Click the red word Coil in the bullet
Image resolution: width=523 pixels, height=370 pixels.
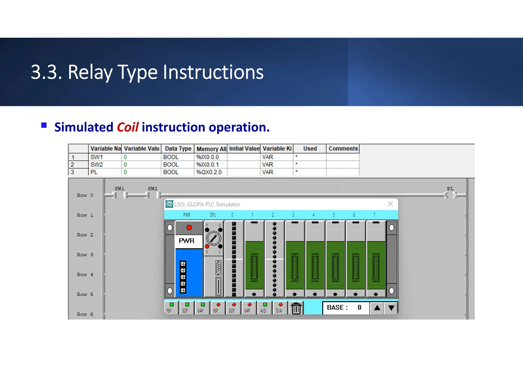pyautogui.click(x=127, y=127)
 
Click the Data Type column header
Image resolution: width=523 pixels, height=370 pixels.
pyautogui.click(x=178, y=148)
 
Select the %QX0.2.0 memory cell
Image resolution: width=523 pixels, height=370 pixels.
pyautogui.click(x=209, y=172)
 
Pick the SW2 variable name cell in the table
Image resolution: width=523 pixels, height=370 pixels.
pyautogui.click(x=97, y=165)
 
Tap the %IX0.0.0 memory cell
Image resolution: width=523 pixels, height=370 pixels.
pyautogui.click(x=208, y=157)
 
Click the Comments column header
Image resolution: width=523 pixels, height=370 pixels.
pyautogui.click(x=343, y=148)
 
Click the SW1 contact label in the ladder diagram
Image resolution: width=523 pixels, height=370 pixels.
pyautogui.click(x=119, y=189)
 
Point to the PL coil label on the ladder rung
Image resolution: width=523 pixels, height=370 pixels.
pyautogui.click(x=450, y=189)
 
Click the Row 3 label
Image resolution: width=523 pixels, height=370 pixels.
pyautogui.click(x=85, y=255)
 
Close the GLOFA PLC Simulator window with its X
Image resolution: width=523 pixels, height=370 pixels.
pyautogui.click(x=390, y=204)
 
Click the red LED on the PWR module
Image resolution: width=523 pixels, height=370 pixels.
pyautogui.click(x=189, y=227)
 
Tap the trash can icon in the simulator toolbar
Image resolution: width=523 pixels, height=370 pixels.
pyautogui.click(x=296, y=308)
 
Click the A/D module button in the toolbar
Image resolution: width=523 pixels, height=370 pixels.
pyautogui.click(x=264, y=308)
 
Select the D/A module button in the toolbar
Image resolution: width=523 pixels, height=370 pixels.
pyautogui.click(x=280, y=308)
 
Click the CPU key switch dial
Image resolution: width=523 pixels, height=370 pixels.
pyautogui.click(x=213, y=238)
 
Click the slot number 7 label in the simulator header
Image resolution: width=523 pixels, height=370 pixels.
pyautogui.click(x=374, y=215)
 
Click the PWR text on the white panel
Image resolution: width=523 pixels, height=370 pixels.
pyautogui.click(x=187, y=241)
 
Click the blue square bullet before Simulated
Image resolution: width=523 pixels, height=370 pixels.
pyautogui.click(x=44, y=125)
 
